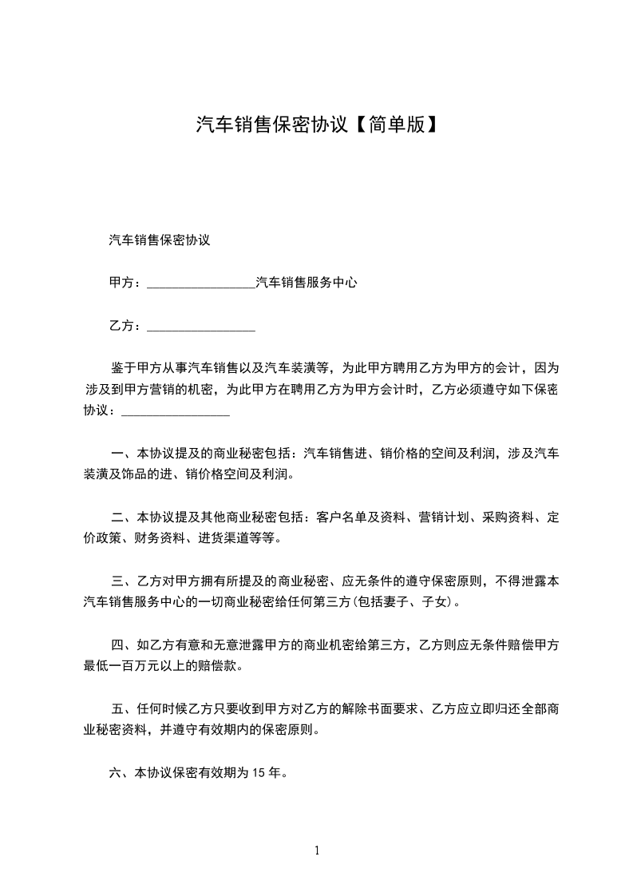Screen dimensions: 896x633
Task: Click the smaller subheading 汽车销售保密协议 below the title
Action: tap(159, 239)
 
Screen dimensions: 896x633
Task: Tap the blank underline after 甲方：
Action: tap(201, 283)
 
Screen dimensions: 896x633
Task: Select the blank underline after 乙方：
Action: tap(201, 327)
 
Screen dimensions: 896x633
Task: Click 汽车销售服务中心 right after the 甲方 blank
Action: tap(306, 283)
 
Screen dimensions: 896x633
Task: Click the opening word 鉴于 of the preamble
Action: tap(121, 369)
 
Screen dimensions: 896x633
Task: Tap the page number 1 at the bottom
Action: tap(317, 850)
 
